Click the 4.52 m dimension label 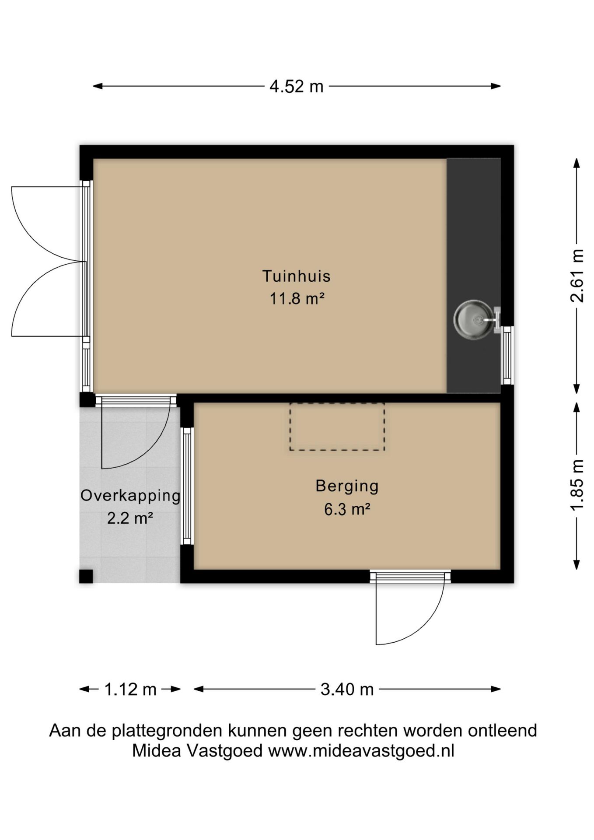(x=296, y=86)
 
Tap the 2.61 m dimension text (x=577, y=275)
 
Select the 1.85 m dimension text (x=577, y=484)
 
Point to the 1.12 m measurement (x=130, y=689)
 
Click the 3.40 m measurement (x=347, y=689)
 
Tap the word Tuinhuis (x=296, y=276)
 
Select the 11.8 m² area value (x=297, y=299)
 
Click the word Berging (x=347, y=486)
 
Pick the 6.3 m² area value (x=347, y=509)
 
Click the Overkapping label (x=130, y=496)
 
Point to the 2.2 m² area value (x=130, y=518)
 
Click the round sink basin (x=473, y=320)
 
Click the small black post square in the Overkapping (x=86, y=576)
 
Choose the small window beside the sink (x=507, y=355)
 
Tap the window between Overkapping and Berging (x=187, y=486)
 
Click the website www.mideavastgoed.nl (x=361, y=751)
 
